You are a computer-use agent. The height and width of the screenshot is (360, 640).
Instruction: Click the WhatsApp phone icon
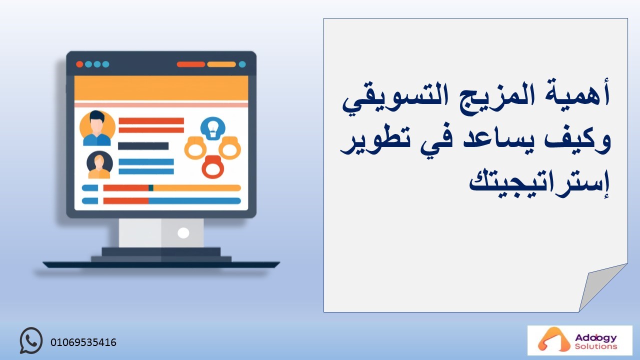31,340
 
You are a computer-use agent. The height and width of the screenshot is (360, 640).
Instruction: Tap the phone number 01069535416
83,342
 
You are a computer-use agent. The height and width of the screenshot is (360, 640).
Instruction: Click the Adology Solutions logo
579,340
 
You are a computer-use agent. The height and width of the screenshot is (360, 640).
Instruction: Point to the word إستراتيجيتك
539,183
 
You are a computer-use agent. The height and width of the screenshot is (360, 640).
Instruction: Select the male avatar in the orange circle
97,128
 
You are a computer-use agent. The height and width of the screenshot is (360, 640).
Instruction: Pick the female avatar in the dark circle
99,165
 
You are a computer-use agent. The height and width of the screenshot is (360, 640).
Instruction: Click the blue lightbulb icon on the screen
213,128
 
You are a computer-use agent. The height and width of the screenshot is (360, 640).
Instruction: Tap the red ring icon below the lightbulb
213,167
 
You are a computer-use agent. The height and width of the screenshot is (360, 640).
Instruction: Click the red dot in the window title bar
79,64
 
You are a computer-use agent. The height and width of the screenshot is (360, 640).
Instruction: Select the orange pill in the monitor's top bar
221,64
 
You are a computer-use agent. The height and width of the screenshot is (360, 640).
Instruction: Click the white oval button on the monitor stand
183,233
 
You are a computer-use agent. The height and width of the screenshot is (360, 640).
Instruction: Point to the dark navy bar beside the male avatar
143,146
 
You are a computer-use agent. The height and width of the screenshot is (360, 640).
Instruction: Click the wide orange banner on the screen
161,88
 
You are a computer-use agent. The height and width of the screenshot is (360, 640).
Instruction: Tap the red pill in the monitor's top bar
191,64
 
